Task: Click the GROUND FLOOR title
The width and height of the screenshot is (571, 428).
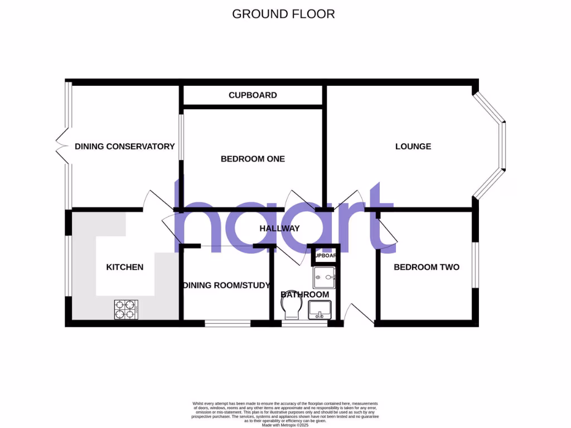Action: [x=283, y=14]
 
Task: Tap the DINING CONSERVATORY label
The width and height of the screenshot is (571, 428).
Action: [x=125, y=147]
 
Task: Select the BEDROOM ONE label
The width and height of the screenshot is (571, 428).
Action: [x=253, y=159]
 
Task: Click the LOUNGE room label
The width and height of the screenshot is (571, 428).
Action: [x=413, y=147]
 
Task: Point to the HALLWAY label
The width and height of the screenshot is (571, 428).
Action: [x=279, y=228]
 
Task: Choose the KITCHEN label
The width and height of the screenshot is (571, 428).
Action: [x=125, y=267]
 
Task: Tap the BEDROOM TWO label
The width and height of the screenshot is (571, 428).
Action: [x=427, y=267]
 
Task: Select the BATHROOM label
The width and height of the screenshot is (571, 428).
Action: [x=304, y=294]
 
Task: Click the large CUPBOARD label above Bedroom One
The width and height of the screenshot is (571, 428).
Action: [x=253, y=95]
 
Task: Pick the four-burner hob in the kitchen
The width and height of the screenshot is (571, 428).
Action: [x=125, y=309]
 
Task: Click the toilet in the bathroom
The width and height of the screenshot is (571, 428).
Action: [x=292, y=308]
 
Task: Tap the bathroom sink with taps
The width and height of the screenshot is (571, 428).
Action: [x=321, y=309]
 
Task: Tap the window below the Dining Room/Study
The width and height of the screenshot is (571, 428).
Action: [x=228, y=323]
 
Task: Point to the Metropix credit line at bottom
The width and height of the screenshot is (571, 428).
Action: [x=285, y=425]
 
